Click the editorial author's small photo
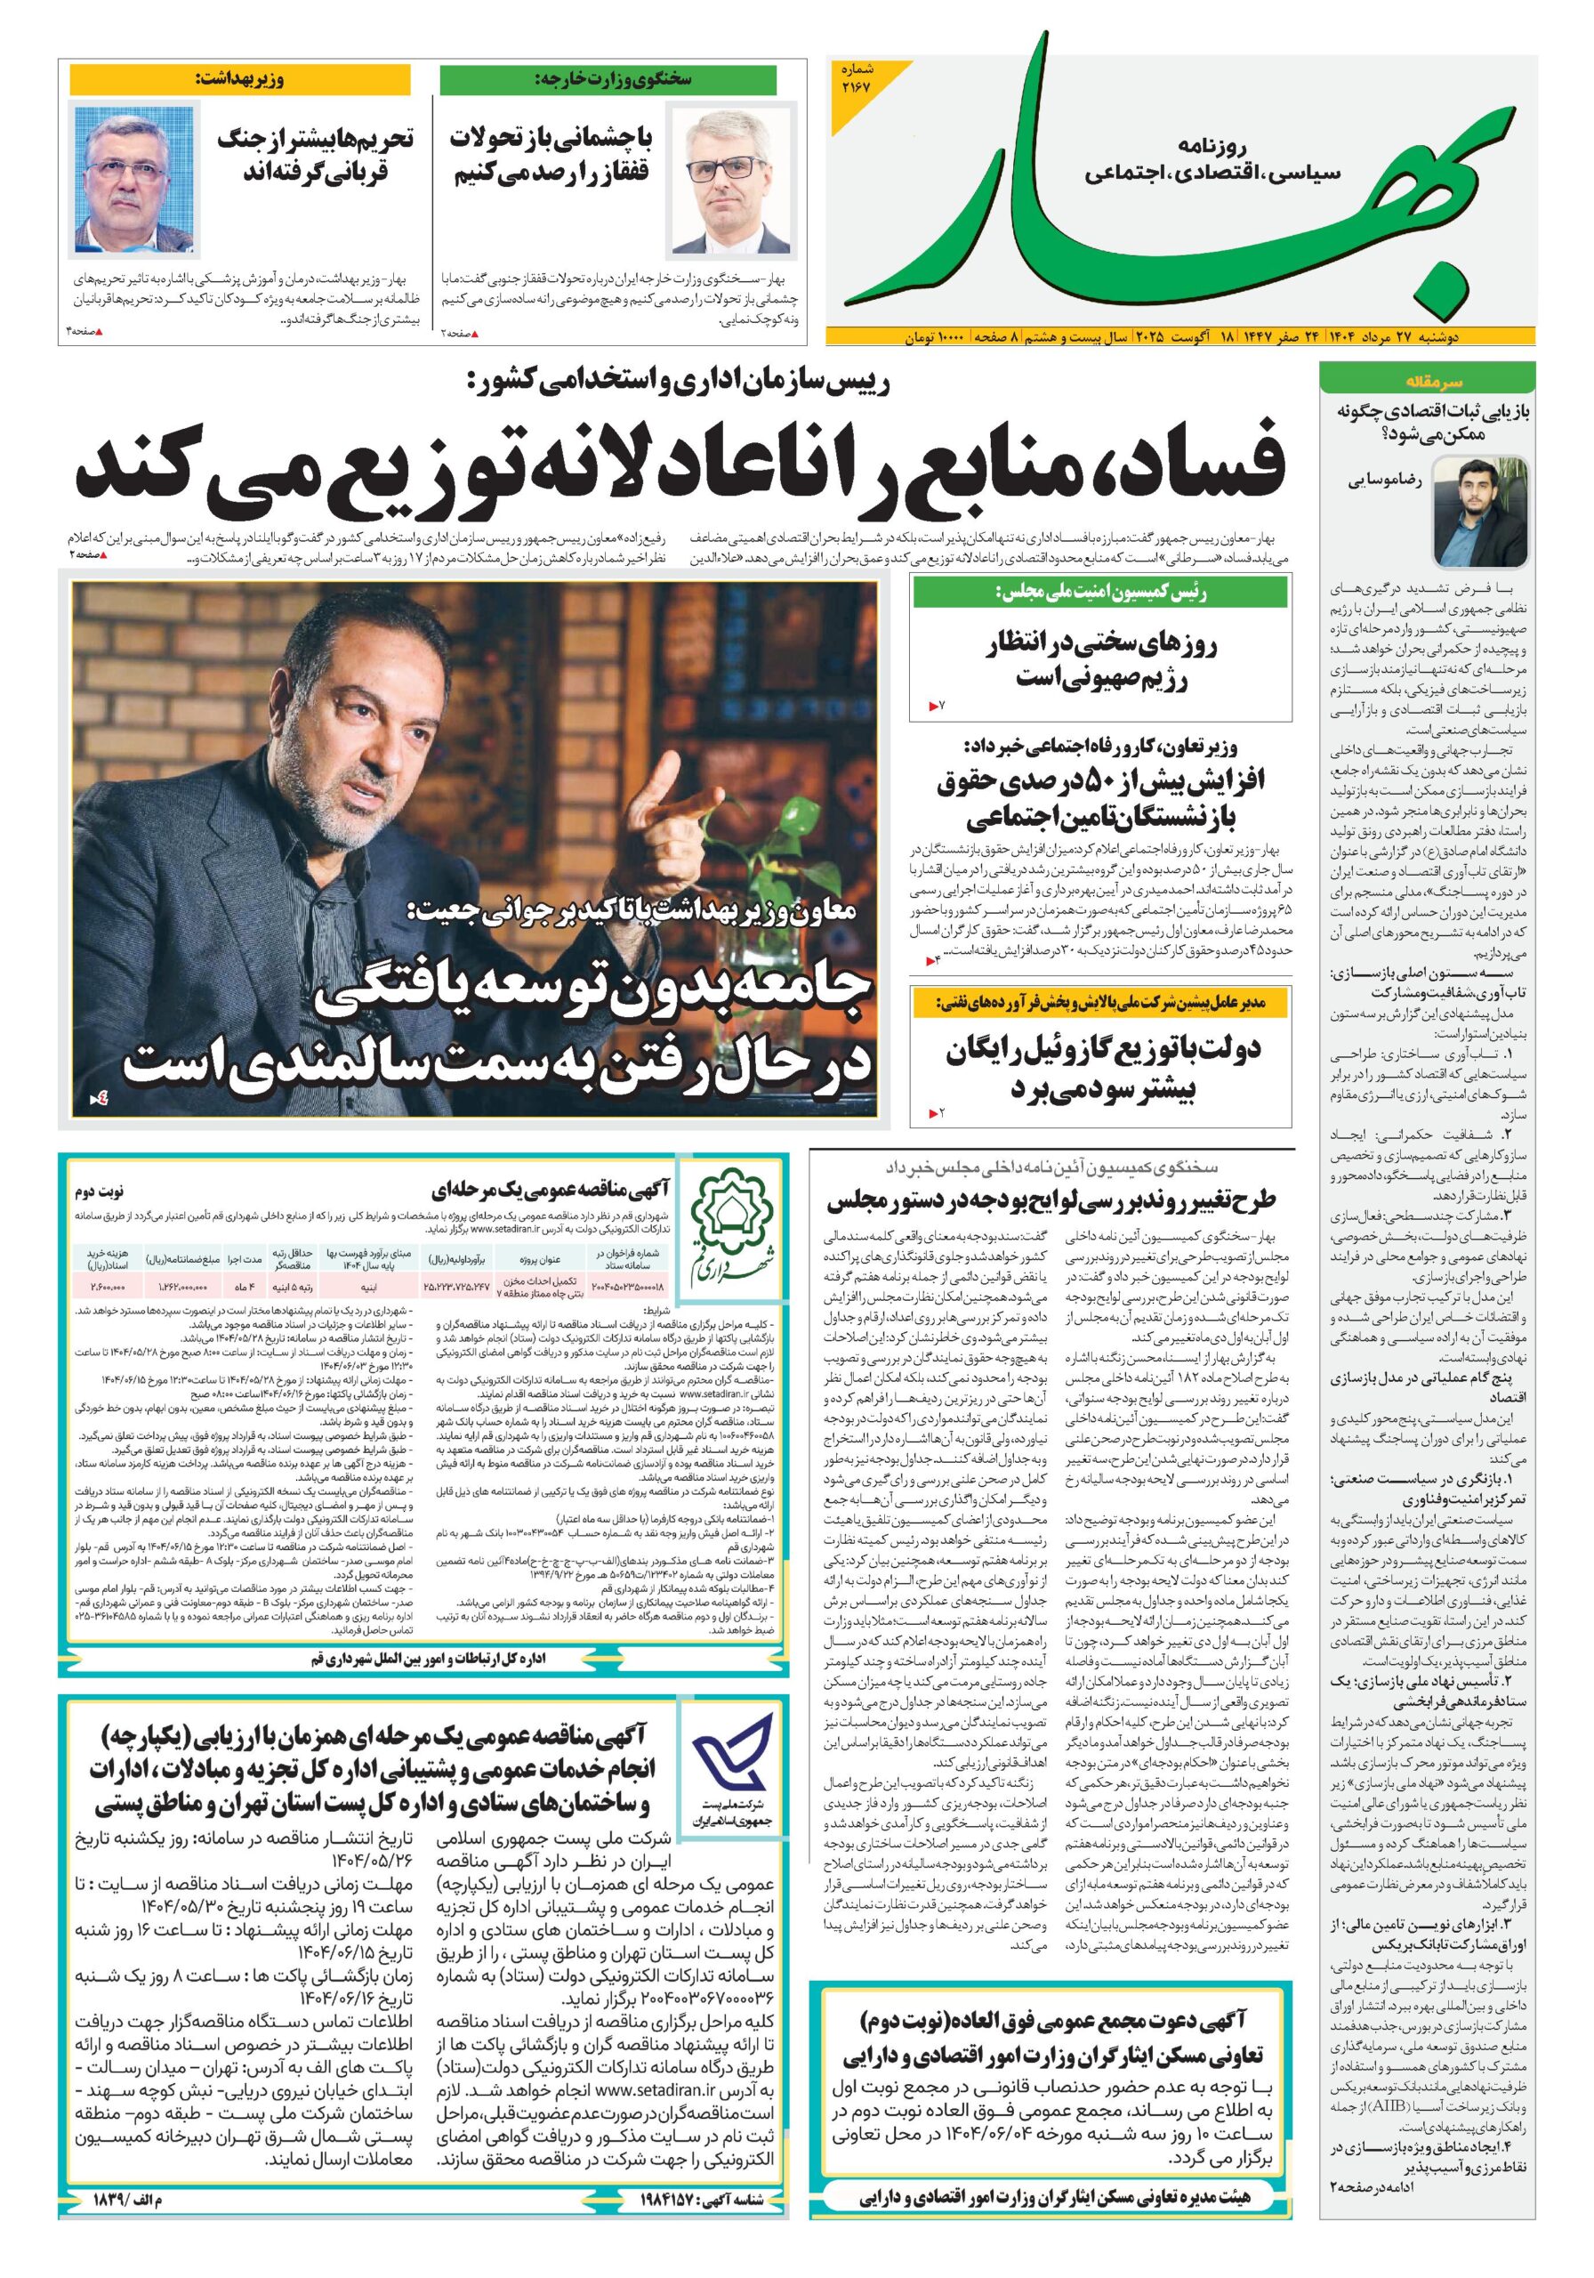tap(1478, 509)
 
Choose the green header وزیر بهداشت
tap(239, 79)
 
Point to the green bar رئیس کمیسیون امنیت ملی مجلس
tap(1100, 593)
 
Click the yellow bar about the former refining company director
tap(1100, 1003)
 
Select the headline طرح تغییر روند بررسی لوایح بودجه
tap(1051, 1200)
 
